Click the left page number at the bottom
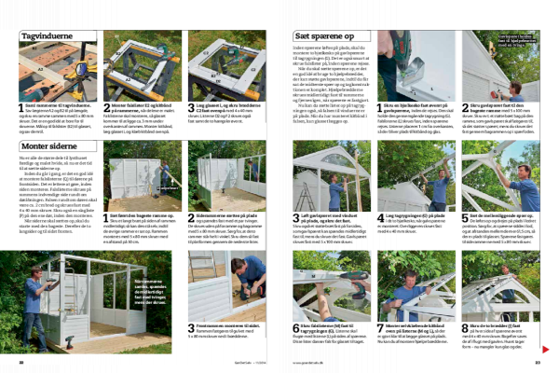point(21,362)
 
